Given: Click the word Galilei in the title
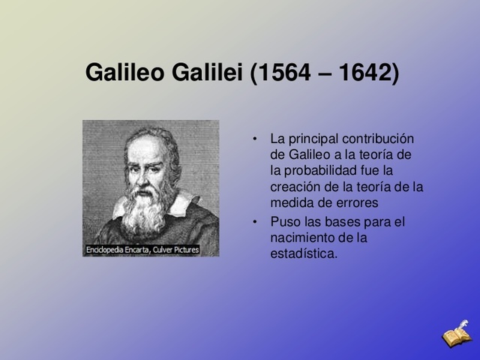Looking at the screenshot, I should (x=208, y=73).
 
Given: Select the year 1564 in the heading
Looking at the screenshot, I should (x=283, y=73).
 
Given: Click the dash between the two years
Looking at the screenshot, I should (x=323, y=74).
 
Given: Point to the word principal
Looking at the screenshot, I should (x=313, y=139).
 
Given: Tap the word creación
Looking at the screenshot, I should (x=295, y=187).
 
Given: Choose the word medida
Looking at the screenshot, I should (x=292, y=203).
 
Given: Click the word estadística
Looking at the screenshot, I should (x=304, y=254).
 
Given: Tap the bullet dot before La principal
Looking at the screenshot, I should (x=255, y=139).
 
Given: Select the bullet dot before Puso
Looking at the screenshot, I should (x=255, y=222).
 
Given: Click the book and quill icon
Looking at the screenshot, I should (x=456, y=334).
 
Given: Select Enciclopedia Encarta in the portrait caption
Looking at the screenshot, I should (x=117, y=249).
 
